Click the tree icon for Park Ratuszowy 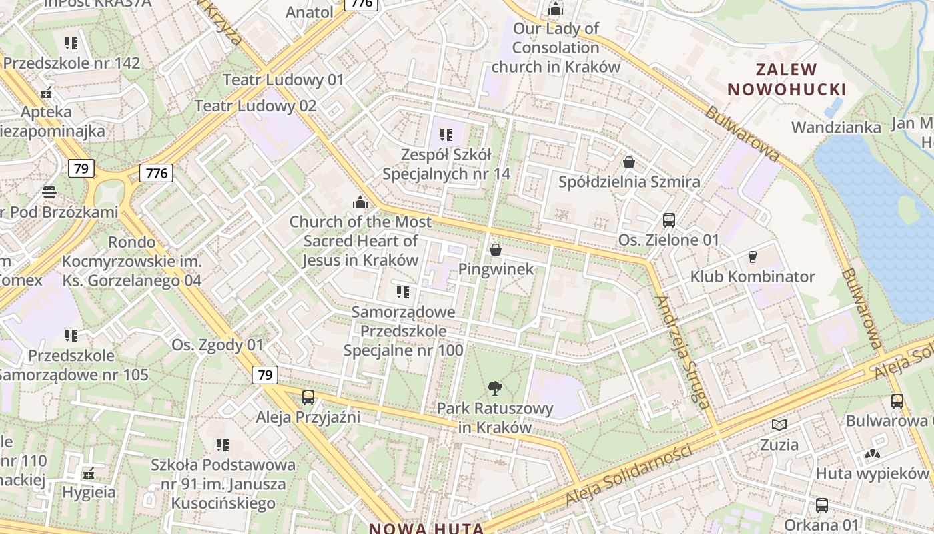[494, 387]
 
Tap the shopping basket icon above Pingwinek [496, 250]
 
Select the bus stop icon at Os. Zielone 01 [668, 220]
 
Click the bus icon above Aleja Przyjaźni [308, 397]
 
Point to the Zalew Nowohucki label [787, 79]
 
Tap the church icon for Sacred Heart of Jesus [360, 202]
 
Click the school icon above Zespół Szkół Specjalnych [446, 135]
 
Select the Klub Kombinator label [752, 276]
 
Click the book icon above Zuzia [779, 425]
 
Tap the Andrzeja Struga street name [681, 352]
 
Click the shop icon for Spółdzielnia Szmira [628, 162]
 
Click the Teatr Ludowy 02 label [256, 105]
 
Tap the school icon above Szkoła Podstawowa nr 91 [223, 445]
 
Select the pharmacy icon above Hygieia [89, 474]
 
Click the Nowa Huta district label [427, 528]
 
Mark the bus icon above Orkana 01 [821, 505]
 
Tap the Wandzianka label [835, 127]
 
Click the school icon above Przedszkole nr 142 [71, 43]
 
